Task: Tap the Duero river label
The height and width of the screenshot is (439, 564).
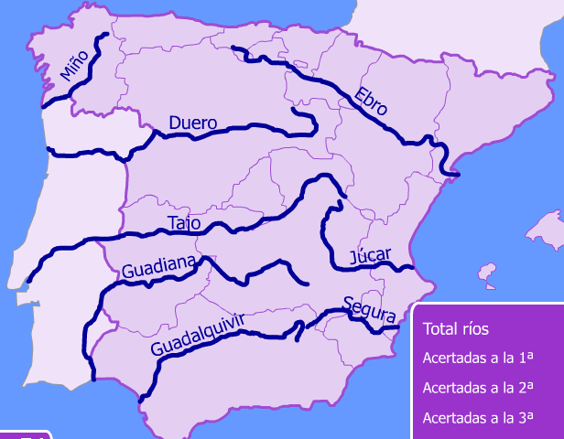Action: (x=192, y=123)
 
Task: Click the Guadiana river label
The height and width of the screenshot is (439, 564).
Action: (x=158, y=267)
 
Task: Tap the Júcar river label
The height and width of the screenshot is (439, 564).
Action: (x=370, y=254)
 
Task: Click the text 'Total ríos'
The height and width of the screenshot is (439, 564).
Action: (x=456, y=329)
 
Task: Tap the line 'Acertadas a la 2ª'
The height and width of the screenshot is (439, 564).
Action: (x=476, y=387)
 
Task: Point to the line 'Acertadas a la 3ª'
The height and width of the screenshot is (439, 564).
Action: (x=476, y=417)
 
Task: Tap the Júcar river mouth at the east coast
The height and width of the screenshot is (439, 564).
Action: (x=414, y=268)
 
